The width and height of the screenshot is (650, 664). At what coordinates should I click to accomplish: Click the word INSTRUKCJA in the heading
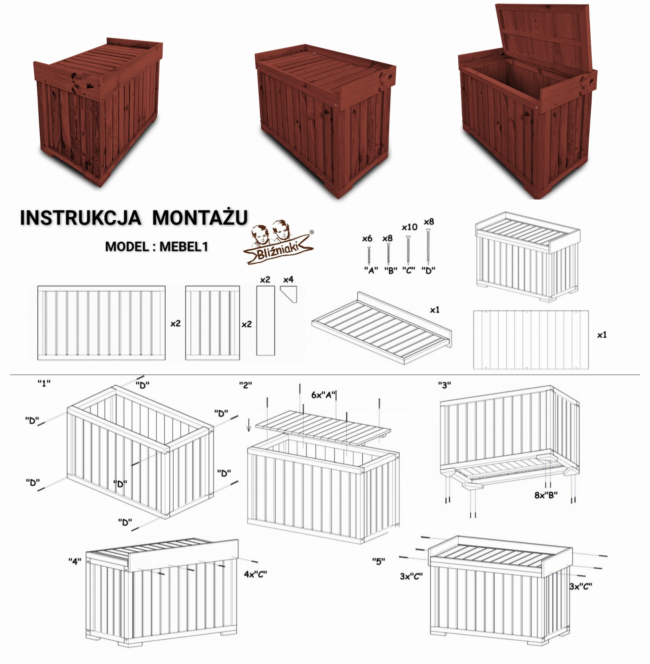click(x=80, y=217)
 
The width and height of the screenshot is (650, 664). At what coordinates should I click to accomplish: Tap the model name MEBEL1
click(x=184, y=247)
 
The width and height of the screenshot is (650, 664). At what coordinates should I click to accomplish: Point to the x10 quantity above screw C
click(x=409, y=227)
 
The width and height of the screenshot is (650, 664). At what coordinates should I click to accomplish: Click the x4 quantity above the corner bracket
click(x=288, y=280)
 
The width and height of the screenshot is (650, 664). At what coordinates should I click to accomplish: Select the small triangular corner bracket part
click(x=290, y=294)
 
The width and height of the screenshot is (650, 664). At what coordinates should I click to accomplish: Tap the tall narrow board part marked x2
click(x=266, y=320)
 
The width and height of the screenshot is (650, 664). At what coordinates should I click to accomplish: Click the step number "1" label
click(x=44, y=383)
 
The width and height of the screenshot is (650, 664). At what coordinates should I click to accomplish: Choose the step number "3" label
click(x=444, y=385)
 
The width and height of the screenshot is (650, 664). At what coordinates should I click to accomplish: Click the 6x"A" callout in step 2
click(x=324, y=395)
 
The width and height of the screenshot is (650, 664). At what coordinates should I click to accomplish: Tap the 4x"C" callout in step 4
click(x=255, y=574)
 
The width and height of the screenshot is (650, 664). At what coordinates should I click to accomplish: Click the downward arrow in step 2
click(x=249, y=425)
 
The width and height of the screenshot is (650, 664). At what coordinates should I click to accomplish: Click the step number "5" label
click(x=379, y=561)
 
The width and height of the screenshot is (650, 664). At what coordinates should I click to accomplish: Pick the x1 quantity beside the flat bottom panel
click(x=602, y=335)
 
